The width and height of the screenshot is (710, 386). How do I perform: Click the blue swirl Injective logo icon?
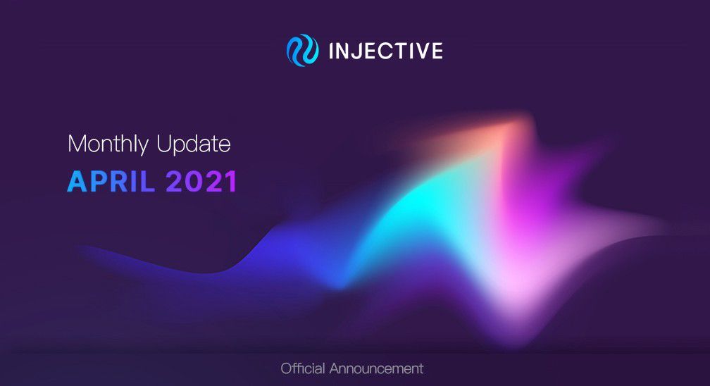(302, 50)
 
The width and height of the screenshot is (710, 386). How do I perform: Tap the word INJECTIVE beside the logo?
(386, 51)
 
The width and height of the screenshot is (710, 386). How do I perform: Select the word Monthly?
(108, 144)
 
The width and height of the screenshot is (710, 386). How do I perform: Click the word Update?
(194, 144)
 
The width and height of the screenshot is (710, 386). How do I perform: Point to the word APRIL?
(111, 182)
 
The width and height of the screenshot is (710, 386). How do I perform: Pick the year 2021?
(201, 182)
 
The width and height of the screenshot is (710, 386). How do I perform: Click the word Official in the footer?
(303, 368)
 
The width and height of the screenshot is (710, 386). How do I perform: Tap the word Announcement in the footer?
(376, 369)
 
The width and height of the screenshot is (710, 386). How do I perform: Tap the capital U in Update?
(164, 144)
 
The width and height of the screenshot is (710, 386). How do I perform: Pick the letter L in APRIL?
(147, 182)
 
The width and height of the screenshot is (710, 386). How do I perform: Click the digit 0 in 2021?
(192, 182)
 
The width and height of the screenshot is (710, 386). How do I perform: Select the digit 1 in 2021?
(231, 182)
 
